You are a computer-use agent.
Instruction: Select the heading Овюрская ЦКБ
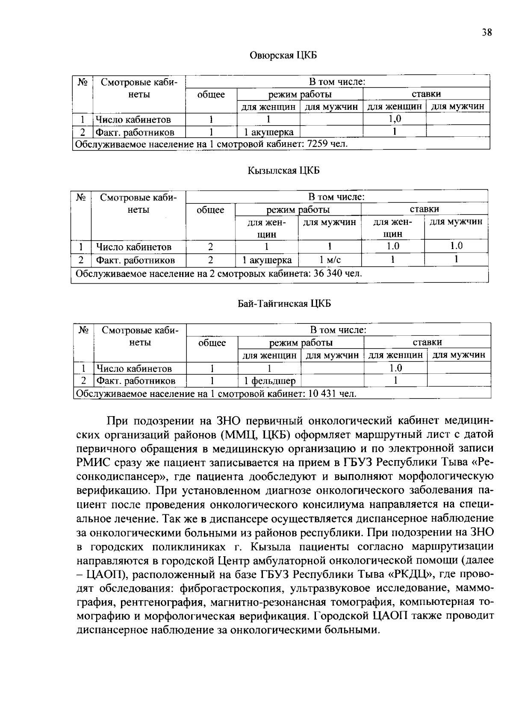tap(283, 56)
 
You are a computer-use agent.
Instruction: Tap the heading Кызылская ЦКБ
tap(283, 171)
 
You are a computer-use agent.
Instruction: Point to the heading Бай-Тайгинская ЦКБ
tap(284, 304)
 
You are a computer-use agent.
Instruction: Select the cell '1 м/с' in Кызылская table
tap(330, 260)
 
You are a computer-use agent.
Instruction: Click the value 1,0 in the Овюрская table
tap(394, 119)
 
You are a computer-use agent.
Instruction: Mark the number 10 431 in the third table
tap(322, 393)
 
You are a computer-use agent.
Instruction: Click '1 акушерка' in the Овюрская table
tap(268, 132)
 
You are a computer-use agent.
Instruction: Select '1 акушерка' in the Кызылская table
tap(267, 260)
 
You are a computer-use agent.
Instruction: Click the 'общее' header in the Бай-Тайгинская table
tap(212, 343)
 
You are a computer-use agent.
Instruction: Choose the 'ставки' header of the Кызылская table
tap(424, 209)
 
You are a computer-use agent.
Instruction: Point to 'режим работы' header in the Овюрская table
tap(300, 94)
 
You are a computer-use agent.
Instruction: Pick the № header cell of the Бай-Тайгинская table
tap(84, 330)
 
